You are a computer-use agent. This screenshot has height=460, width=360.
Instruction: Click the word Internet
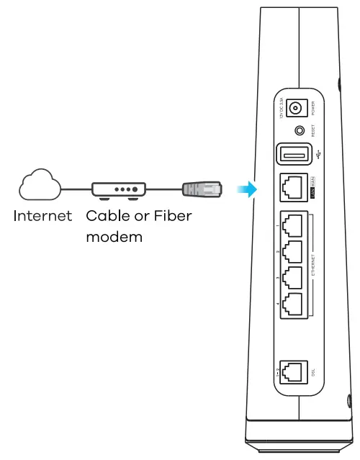pyautogui.click(x=42, y=215)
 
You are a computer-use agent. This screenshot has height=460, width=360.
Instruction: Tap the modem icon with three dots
pyautogui.click(x=120, y=189)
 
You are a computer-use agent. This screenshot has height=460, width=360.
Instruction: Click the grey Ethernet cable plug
pyautogui.click(x=201, y=189)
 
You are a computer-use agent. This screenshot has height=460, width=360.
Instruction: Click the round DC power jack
pyautogui.click(x=294, y=109)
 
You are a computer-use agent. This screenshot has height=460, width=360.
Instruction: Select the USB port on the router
pyautogui.click(x=293, y=154)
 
